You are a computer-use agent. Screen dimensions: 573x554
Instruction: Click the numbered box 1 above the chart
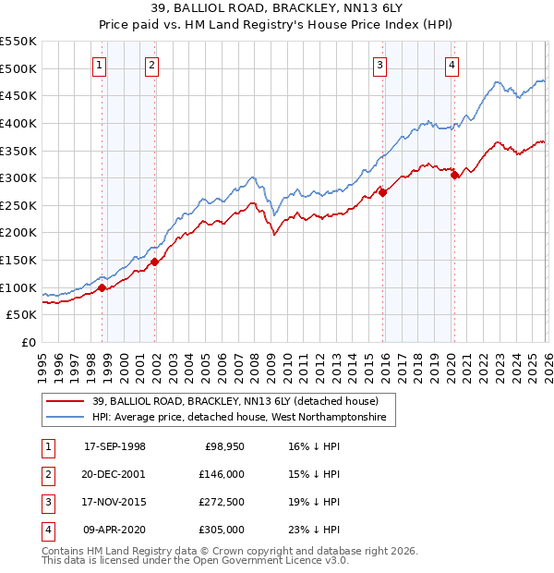(x=99, y=65)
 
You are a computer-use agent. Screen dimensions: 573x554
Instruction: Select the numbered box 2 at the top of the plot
(x=151, y=65)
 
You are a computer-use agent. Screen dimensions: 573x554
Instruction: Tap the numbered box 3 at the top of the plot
(x=379, y=65)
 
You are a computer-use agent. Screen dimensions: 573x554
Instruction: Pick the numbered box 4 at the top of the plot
(x=452, y=65)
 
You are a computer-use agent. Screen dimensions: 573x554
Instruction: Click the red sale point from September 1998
(x=102, y=288)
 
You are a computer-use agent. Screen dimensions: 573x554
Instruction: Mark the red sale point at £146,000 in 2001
(x=154, y=262)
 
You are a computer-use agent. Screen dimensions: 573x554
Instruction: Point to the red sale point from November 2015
(x=382, y=193)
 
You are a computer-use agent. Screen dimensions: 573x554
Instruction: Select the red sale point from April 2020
(x=454, y=176)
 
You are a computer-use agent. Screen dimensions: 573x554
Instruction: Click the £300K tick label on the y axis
(x=18, y=177)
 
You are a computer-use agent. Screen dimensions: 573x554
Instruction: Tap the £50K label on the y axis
(x=22, y=315)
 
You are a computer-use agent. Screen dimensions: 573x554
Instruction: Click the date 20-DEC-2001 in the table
(x=114, y=473)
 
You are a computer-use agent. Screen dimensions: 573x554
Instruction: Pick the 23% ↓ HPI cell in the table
(x=314, y=530)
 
